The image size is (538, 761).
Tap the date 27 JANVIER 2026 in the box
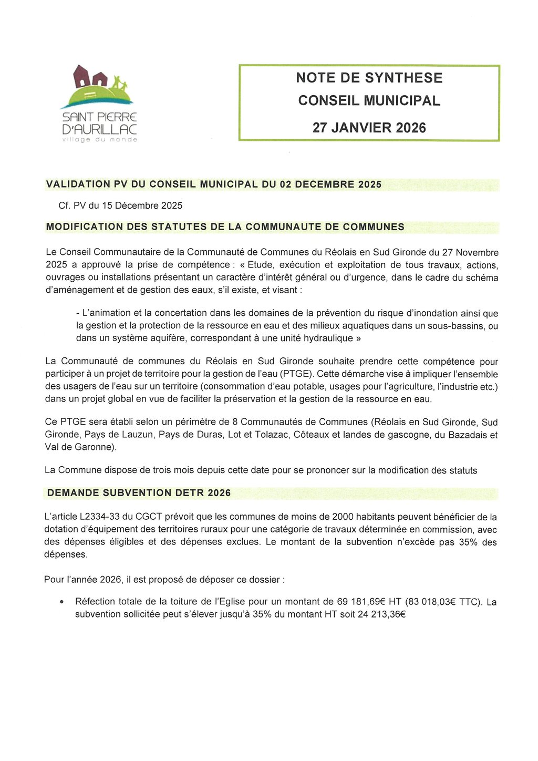click(x=369, y=128)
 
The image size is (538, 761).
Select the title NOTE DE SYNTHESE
click(x=369, y=78)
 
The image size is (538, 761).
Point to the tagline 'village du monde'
click(x=99, y=140)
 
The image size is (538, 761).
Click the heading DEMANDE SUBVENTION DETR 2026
click(x=139, y=493)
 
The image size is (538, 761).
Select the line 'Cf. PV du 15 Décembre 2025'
click(x=120, y=205)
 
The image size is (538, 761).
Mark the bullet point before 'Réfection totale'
click(x=63, y=602)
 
